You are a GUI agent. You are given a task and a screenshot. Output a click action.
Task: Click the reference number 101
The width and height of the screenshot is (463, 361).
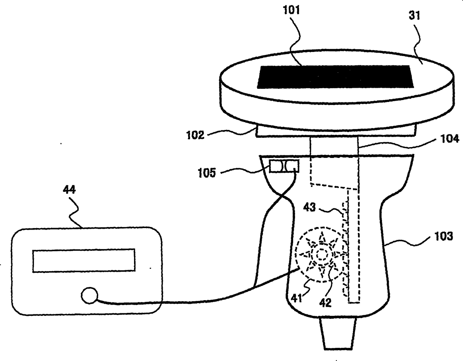click(x=292, y=10)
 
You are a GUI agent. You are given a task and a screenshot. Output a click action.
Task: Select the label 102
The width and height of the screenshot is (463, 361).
click(x=196, y=135)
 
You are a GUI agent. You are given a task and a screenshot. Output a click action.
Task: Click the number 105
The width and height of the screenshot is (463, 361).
click(x=207, y=173)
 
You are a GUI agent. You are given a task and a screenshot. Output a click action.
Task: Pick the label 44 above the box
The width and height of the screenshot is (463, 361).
click(x=69, y=190)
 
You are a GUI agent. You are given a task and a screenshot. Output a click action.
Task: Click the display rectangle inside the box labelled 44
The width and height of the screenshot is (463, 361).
click(x=84, y=260)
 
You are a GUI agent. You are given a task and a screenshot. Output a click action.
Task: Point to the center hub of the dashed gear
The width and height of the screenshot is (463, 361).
click(x=320, y=255)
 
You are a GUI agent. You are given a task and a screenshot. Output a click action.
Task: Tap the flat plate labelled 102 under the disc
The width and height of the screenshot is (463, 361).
click(x=336, y=131)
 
